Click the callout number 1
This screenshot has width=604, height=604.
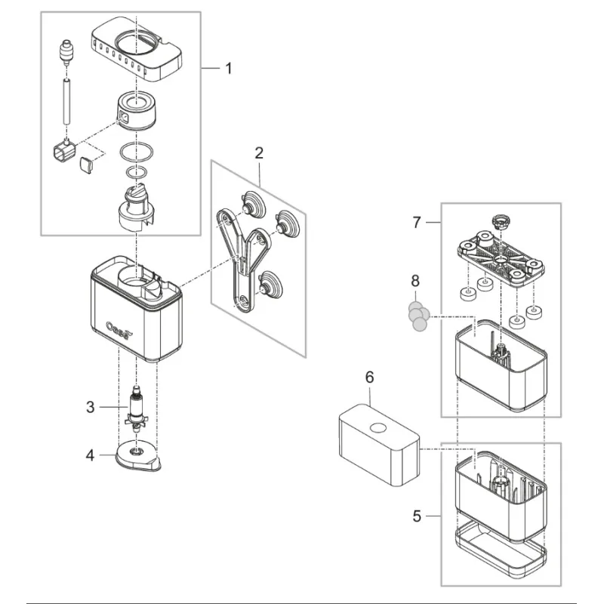[x=229, y=69]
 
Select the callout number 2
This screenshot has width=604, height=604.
[x=259, y=153]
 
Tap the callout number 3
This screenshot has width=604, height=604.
[x=91, y=408]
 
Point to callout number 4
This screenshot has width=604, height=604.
[x=91, y=455]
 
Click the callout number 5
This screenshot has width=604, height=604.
[x=417, y=517]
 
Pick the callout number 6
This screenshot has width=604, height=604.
[x=369, y=377]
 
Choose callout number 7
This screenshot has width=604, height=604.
[x=416, y=223]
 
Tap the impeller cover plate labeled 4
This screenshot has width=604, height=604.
[x=137, y=456]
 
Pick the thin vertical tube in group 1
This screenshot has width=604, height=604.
[x=66, y=102]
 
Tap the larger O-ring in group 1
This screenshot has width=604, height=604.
[x=137, y=153]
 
